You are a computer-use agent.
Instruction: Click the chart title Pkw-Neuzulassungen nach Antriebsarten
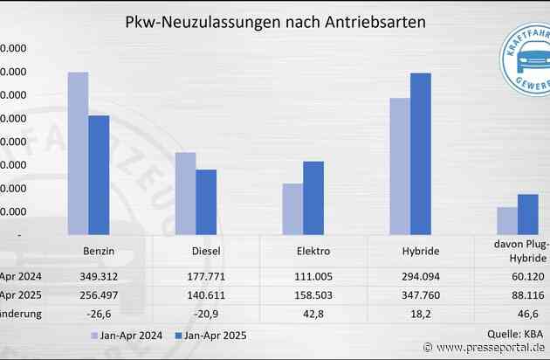[x=276, y=22]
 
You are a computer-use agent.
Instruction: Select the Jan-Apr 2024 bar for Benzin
[x=78, y=153]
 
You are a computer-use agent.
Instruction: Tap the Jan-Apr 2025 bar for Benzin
[x=99, y=175]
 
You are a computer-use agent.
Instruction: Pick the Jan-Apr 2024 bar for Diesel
[x=185, y=193]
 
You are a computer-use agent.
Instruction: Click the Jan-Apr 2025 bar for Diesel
[x=206, y=202]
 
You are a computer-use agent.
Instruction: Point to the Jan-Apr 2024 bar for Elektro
[x=292, y=209]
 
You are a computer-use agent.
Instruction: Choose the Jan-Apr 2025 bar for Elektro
[x=313, y=197]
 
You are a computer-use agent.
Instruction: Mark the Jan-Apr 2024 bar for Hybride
[x=400, y=166]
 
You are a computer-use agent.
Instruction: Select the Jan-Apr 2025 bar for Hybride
[x=421, y=154]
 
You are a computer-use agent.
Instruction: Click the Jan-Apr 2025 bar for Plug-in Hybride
[x=528, y=214]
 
